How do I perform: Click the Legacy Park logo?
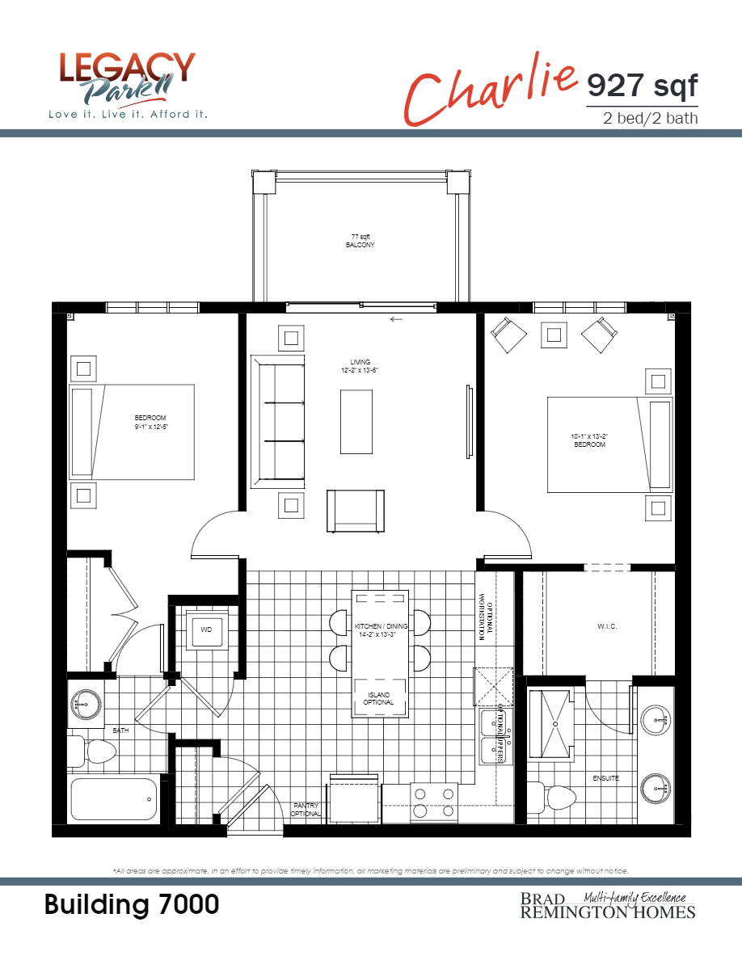128,86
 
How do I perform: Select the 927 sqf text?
641,84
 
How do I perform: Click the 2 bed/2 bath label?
650,118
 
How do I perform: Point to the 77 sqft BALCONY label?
360,240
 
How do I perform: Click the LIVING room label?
360,366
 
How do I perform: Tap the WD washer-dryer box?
206,629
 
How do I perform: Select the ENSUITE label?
605,778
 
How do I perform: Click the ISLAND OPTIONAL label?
378,699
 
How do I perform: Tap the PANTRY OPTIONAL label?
306,809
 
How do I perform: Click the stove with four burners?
434,802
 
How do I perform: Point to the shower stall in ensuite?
552,723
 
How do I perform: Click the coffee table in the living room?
356,421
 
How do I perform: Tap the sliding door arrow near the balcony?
396,319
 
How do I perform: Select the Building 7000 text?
132,905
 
